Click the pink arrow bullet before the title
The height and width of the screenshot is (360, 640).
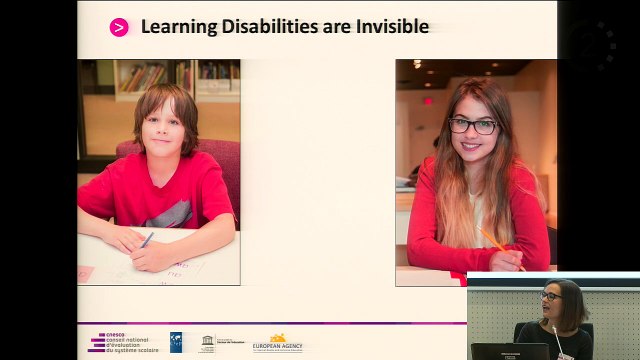119,27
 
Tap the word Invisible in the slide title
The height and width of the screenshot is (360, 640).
392,27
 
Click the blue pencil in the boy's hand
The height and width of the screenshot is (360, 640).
147,240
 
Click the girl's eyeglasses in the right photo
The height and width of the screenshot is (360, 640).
473,126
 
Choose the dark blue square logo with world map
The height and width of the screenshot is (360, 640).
175,342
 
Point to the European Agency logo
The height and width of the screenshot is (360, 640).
277,343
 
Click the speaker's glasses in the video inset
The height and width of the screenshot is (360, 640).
551,296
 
